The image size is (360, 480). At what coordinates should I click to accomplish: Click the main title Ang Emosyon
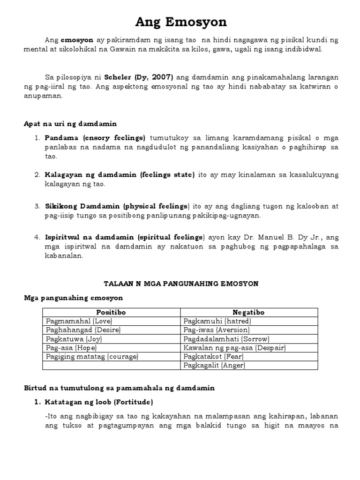tap(180, 22)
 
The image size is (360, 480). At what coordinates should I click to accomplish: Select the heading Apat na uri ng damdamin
tap(70, 124)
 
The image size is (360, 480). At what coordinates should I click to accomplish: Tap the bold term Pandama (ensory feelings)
tap(95, 138)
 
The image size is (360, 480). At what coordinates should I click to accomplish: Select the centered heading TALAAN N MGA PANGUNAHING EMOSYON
tap(180, 284)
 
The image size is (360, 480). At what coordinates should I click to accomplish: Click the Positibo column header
tap(111, 312)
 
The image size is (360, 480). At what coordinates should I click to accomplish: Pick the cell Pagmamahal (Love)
tap(79, 321)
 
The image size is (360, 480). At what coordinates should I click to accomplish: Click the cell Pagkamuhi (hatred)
tap(211, 321)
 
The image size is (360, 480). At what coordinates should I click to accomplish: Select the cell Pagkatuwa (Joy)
tap(74, 339)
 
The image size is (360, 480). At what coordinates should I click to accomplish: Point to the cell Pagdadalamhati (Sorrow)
tap(226, 339)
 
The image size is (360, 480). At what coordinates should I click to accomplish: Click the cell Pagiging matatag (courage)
tap(92, 357)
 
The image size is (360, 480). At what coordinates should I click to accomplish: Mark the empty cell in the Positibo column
tap(111, 366)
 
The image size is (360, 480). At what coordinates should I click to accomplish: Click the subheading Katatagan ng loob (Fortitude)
tap(98, 402)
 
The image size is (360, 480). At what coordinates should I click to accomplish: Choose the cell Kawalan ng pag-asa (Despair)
tap(234, 348)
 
